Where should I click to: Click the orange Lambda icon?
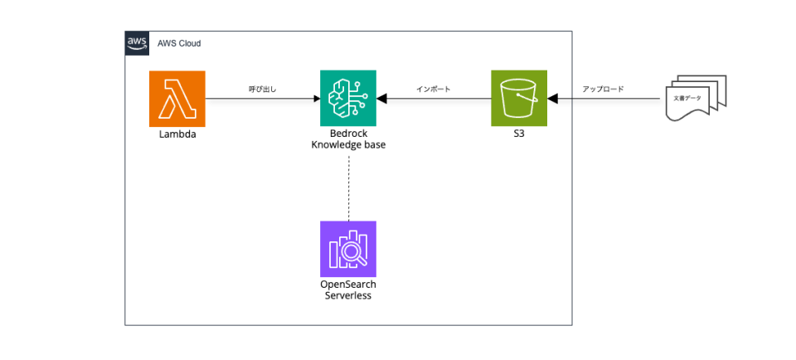tap(177, 99)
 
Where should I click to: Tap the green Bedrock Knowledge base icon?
tap(348, 99)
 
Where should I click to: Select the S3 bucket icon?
tap(519, 99)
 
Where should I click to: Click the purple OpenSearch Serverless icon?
tap(348, 249)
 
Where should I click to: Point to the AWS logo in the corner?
tap(137, 43)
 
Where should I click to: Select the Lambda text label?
tap(177, 134)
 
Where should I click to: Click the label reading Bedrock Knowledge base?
tap(348, 139)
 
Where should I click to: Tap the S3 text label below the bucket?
tap(519, 134)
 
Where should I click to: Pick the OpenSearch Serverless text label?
tap(348, 289)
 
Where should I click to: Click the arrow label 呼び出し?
tap(262, 89)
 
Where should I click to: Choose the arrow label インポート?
tap(433, 89)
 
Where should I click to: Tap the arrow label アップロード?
tap(603, 89)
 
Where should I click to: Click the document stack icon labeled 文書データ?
tap(696, 100)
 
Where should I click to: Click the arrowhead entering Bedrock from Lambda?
tap(316, 99)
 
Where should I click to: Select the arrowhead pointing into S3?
tap(553, 99)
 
